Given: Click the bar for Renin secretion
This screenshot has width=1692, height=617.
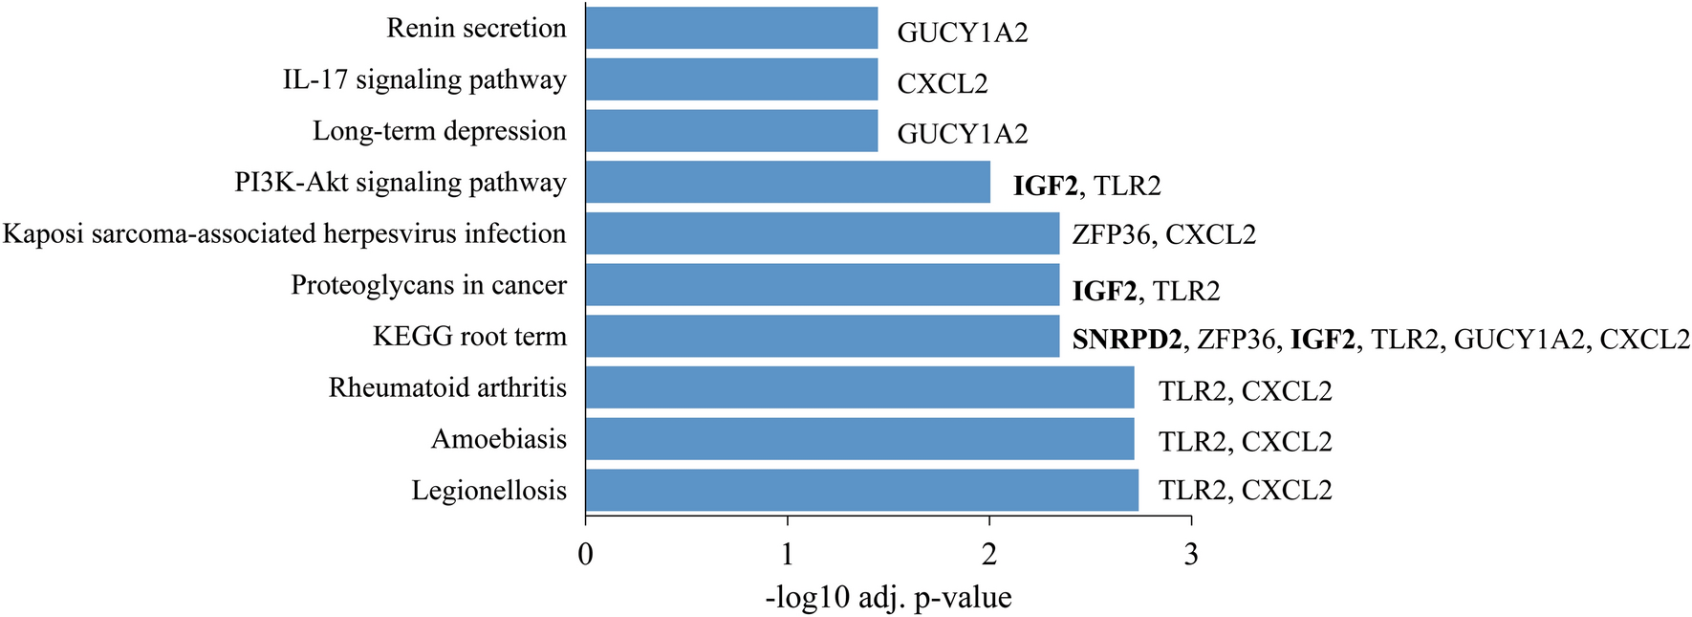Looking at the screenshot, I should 731,28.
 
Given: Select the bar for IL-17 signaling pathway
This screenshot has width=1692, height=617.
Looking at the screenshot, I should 731,79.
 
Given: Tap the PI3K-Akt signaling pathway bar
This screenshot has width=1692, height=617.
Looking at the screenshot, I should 788,182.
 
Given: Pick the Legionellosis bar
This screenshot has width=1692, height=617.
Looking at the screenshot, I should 861,490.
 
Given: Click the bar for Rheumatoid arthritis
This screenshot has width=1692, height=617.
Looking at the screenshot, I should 859,387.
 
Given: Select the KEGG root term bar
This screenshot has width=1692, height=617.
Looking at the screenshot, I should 822,337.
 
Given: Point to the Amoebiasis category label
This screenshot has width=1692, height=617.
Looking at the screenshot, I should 498,439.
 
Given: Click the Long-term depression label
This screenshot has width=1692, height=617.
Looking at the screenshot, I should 439,131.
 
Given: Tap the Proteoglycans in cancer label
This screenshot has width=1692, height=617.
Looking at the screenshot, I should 428,285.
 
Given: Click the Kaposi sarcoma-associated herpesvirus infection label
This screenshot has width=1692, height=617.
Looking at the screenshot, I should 284,234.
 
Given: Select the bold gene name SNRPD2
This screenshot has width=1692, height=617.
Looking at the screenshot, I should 1126,340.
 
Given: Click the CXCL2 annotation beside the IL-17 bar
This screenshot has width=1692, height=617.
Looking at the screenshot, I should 942,84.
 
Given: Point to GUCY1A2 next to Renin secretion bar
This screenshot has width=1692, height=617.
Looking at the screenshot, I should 962,33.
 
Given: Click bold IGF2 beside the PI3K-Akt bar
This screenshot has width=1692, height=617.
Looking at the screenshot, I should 1047,186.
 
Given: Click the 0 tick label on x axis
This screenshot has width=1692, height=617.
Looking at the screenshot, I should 586,554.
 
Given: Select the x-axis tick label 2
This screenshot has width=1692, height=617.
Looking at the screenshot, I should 989,554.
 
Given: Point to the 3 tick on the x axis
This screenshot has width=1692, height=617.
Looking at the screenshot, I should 1191,554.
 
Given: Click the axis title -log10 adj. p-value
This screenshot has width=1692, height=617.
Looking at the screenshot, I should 888,598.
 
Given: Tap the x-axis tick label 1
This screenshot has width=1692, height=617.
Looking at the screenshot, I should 788,554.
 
